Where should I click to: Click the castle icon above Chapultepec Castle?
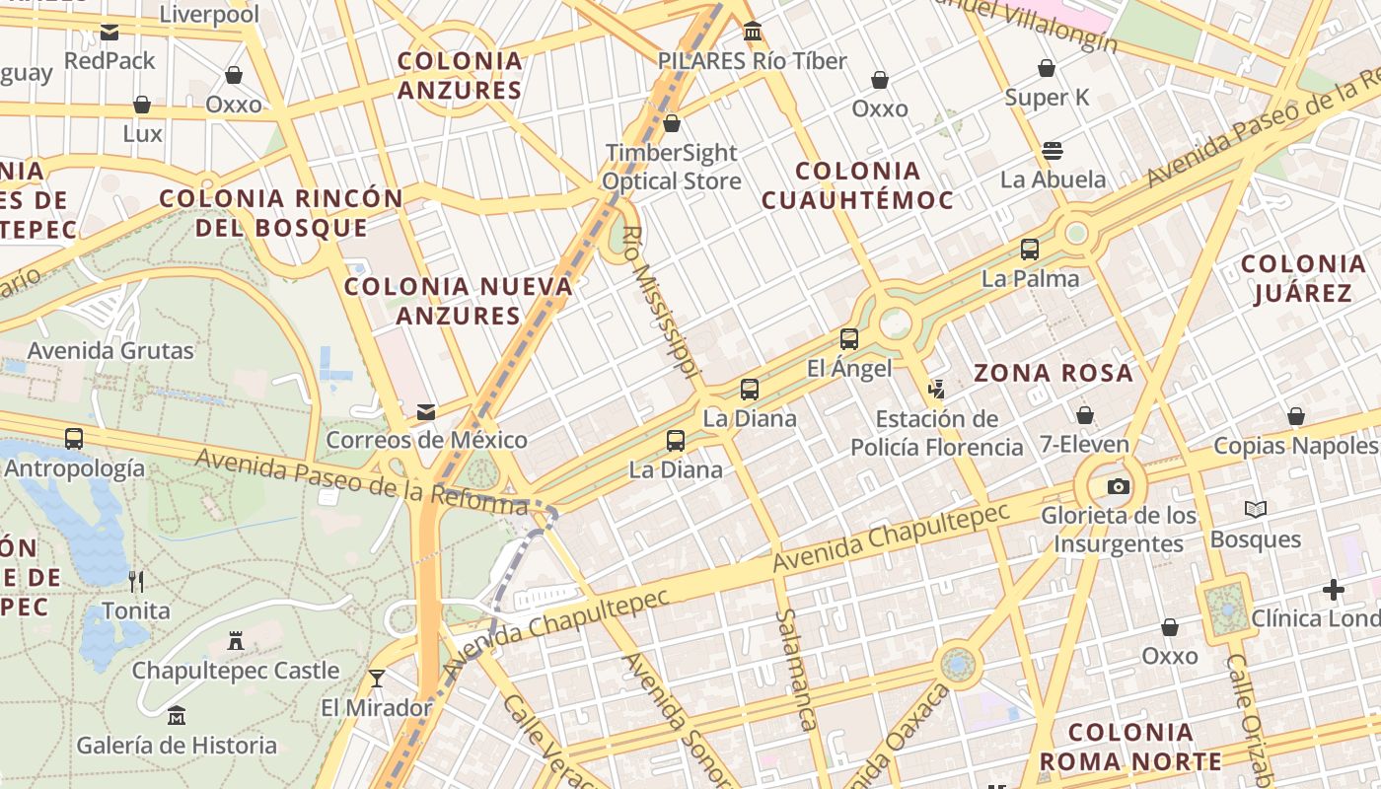click(236, 641)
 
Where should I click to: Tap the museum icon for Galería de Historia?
click(177, 715)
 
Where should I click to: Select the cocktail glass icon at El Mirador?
click(376, 678)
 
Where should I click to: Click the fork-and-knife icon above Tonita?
click(136, 581)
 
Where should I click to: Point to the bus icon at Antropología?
click(74, 439)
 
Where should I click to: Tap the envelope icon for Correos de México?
click(426, 411)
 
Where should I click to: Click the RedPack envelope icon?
click(109, 33)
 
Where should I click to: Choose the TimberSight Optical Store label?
click(672, 167)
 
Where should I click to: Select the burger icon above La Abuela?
click(1053, 151)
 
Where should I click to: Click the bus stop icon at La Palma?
click(1030, 250)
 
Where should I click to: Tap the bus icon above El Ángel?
click(849, 339)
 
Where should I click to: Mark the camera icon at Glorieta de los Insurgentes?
click(1119, 486)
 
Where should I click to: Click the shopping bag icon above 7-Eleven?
click(1085, 415)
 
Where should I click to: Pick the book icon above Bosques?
click(1256, 510)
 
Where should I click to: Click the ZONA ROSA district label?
click(1054, 373)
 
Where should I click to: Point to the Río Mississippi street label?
click(661, 302)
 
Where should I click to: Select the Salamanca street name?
click(797, 670)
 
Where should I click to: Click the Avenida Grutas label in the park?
click(110, 350)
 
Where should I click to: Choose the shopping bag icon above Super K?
click(1047, 68)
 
